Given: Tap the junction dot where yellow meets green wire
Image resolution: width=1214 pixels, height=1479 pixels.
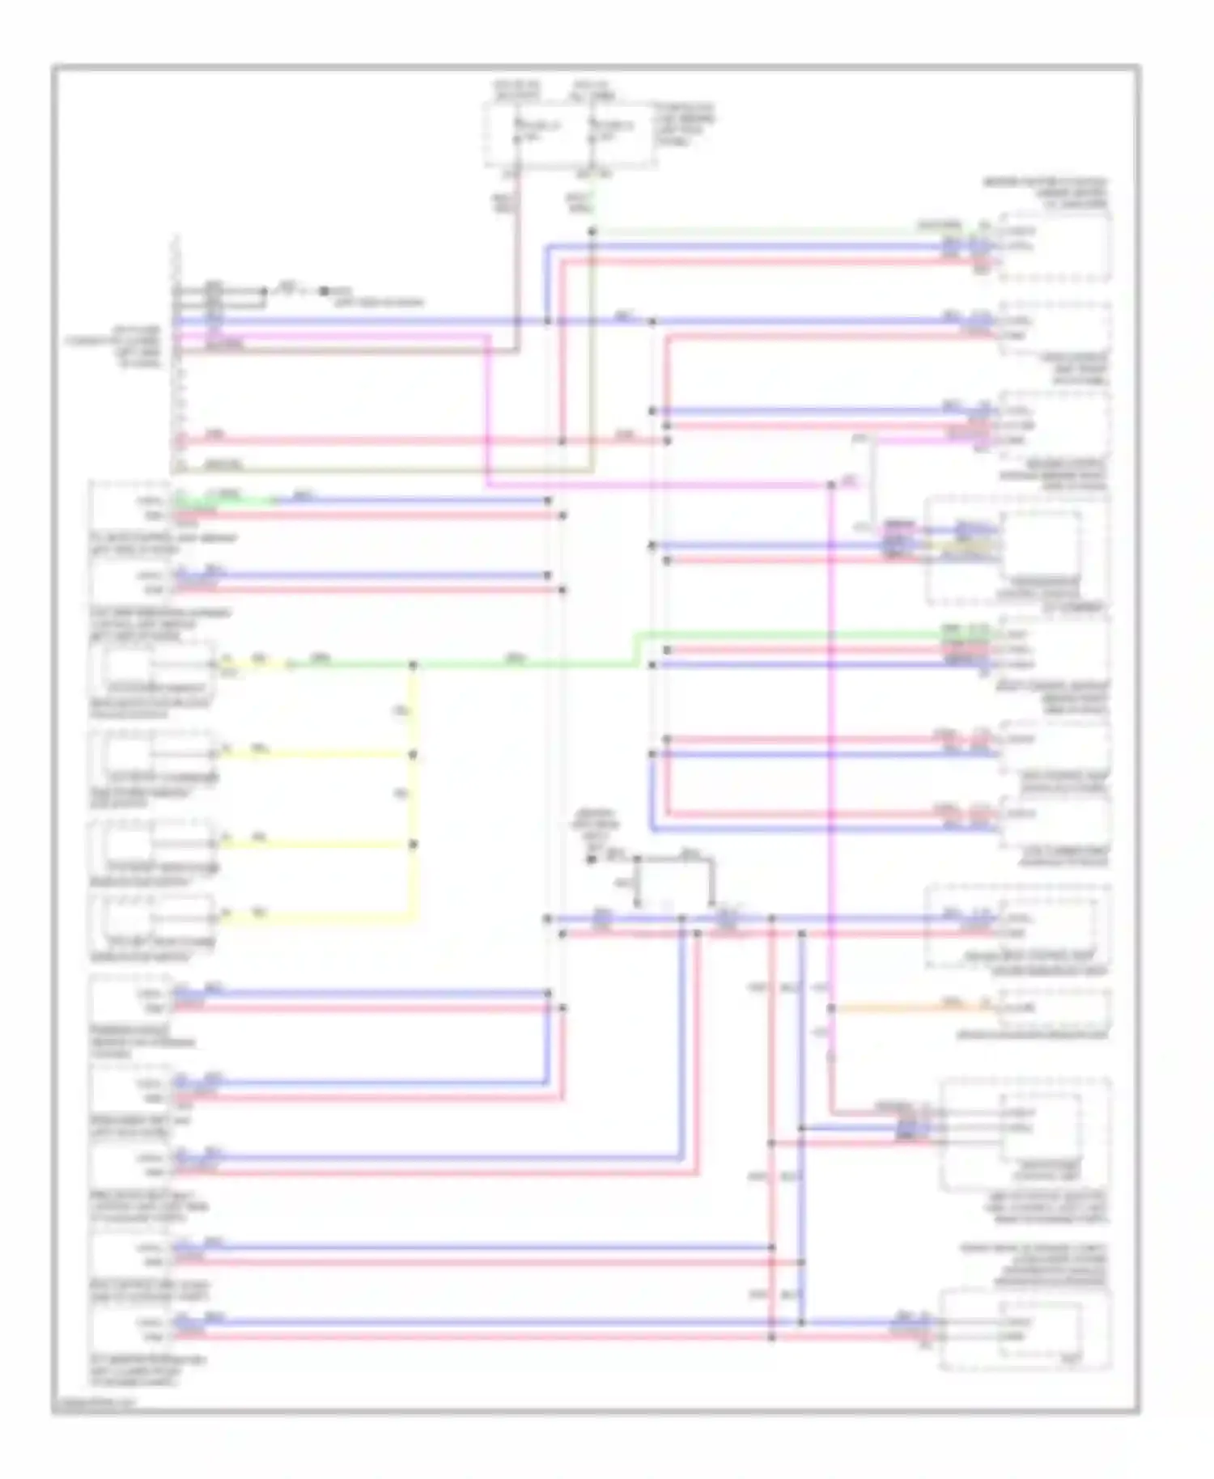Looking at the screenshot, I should click(x=413, y=666).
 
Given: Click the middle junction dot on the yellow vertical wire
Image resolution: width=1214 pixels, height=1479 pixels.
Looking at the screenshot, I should click(x=413, y=755).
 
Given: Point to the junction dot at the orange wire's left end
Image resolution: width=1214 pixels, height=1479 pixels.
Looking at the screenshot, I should click(x=831, y=1008).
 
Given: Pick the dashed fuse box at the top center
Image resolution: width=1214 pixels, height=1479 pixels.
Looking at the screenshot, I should click(x=571, y=134).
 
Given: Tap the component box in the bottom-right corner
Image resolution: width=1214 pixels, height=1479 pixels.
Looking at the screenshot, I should click(x=1025, y=1331).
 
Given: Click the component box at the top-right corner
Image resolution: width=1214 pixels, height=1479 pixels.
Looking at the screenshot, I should click(x=1055, y=246).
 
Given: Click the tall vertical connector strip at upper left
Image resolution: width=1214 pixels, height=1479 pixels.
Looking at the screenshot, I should click(x=176, y=356).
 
